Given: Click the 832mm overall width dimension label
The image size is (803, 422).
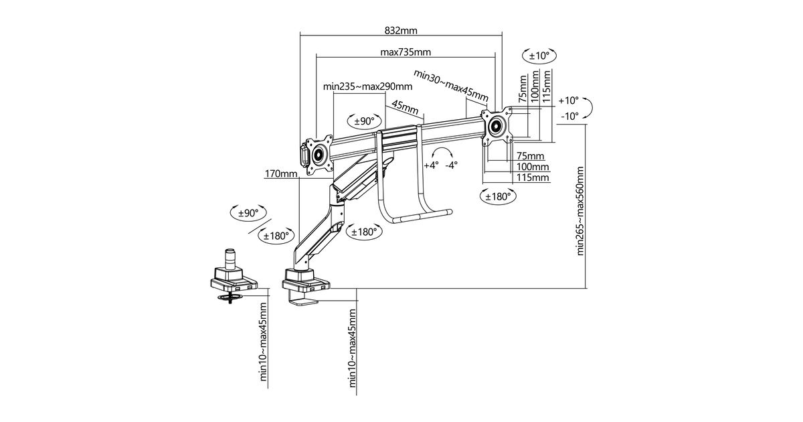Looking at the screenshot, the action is click(401, 31).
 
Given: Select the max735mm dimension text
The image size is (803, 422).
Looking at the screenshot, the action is click(406, 52).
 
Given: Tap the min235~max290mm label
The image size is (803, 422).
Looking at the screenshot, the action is click(367, 86).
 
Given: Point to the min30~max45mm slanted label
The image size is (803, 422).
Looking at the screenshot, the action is click(450, 86).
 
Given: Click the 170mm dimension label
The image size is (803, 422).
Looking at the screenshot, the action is click(281, 174).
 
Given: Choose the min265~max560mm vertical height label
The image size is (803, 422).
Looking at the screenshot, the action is click(580, 210).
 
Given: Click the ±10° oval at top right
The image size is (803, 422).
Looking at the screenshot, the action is click(539, 56).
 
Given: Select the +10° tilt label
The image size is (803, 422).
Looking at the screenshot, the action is click(569, 100).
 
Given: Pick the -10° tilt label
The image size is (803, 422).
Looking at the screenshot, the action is click(569, 117).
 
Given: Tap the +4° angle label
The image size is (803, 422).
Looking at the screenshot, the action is click(431, 165).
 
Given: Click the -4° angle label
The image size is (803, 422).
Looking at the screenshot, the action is click(451, 165).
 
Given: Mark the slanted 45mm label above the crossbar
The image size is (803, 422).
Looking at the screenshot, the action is click(405, 107).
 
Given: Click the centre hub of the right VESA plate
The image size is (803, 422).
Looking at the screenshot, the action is click(497, 127).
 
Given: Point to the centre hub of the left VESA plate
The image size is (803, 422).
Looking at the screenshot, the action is click(318, 155).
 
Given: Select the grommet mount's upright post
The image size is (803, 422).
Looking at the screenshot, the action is click(229, 258).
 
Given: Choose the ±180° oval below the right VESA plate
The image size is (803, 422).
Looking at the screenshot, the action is click(498, 197).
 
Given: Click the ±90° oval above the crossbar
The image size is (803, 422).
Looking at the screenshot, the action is click(364, 121).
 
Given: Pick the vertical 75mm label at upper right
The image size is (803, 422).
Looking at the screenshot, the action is click(523, 89).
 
